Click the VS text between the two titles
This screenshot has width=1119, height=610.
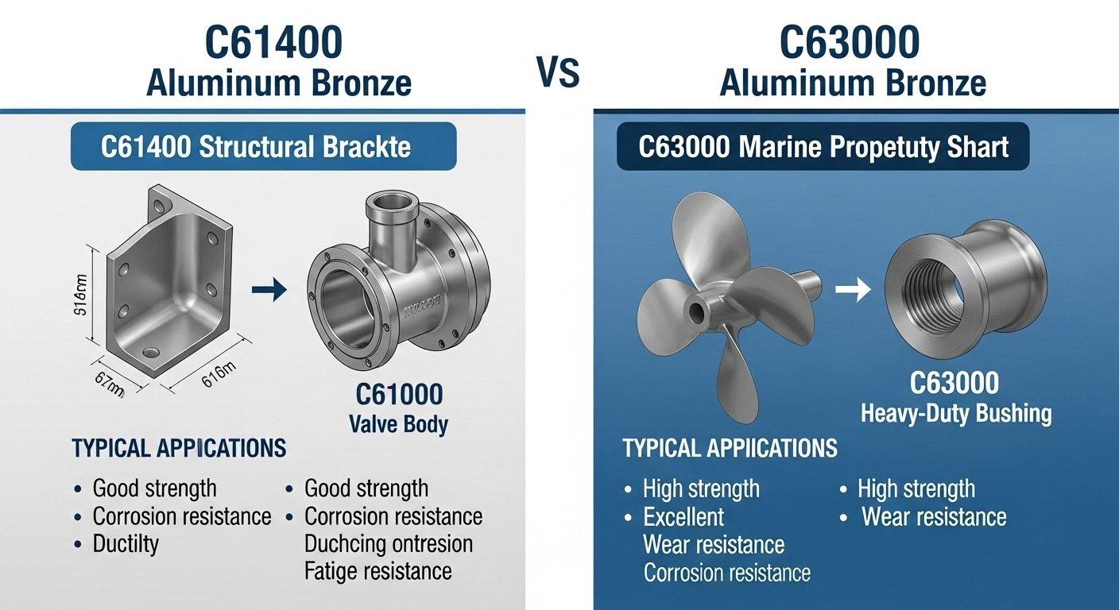(558, 73)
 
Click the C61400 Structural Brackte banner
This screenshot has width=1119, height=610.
(263, 147)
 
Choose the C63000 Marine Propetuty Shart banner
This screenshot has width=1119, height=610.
(823, 147)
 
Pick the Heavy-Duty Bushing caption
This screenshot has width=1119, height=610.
(956, 413)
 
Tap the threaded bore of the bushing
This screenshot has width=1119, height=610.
(927, 293)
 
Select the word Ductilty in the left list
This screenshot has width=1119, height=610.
(126, 544)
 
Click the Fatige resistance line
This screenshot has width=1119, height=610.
(378, 570)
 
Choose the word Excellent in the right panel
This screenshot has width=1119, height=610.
(683, 517)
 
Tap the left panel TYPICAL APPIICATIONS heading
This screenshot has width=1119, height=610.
(179, 448)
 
